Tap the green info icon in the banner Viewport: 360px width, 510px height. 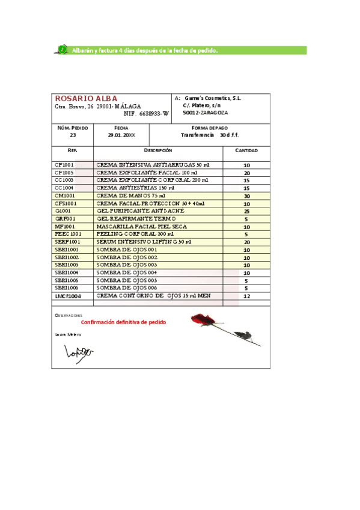click(63, 51)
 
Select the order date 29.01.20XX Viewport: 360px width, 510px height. click(121, 135)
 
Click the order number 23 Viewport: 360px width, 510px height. click(73, 135)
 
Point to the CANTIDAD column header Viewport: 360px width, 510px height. click(246, 150)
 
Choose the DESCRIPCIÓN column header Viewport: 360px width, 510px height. click(158, 150)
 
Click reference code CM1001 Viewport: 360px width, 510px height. click(65, 195)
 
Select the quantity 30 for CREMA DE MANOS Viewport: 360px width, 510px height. click(246, 196)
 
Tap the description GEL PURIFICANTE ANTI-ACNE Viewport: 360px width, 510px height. click(140, 211)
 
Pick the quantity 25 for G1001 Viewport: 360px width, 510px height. click(246, 212)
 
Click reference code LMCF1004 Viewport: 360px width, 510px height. click(68, 296)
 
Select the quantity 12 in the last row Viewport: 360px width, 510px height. click(246, 296)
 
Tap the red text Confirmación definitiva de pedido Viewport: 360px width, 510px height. click(123, 322)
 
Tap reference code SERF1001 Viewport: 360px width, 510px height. click(67, 242)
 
